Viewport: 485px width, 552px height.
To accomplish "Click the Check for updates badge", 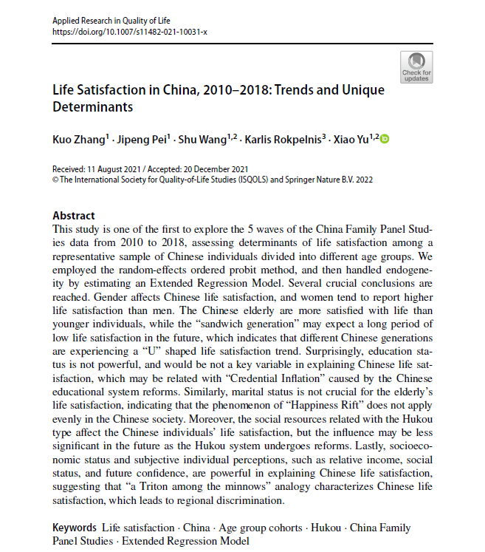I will [416, 67].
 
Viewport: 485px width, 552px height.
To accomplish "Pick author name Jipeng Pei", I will [144, 138].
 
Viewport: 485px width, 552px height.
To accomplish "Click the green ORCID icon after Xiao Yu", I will [384, 139].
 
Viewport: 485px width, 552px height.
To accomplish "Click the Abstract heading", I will [74, 216].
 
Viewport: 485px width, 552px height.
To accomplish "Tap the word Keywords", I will [75, 528].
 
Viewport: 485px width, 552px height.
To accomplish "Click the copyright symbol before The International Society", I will [55, 179].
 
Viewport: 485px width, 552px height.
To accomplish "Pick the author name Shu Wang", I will [207, 138].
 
